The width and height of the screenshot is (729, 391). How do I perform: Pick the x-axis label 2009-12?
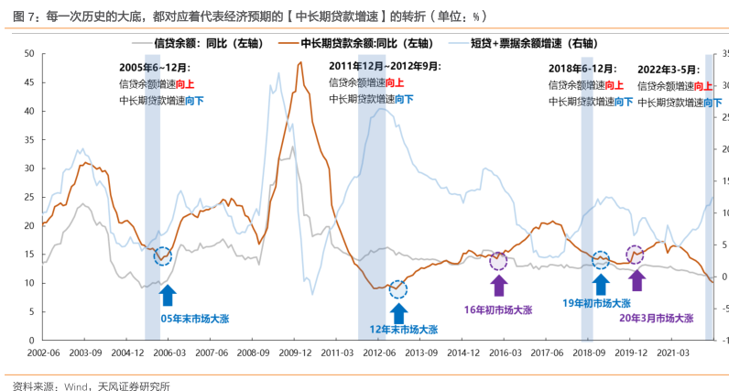click(295, 352)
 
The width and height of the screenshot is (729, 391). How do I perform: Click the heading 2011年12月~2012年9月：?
click(385, 66)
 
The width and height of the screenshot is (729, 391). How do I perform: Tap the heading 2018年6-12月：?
click(582, 69)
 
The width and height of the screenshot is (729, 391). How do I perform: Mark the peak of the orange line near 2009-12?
click(300, 62)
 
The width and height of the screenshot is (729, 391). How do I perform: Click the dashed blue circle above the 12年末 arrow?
click(397, 289)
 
